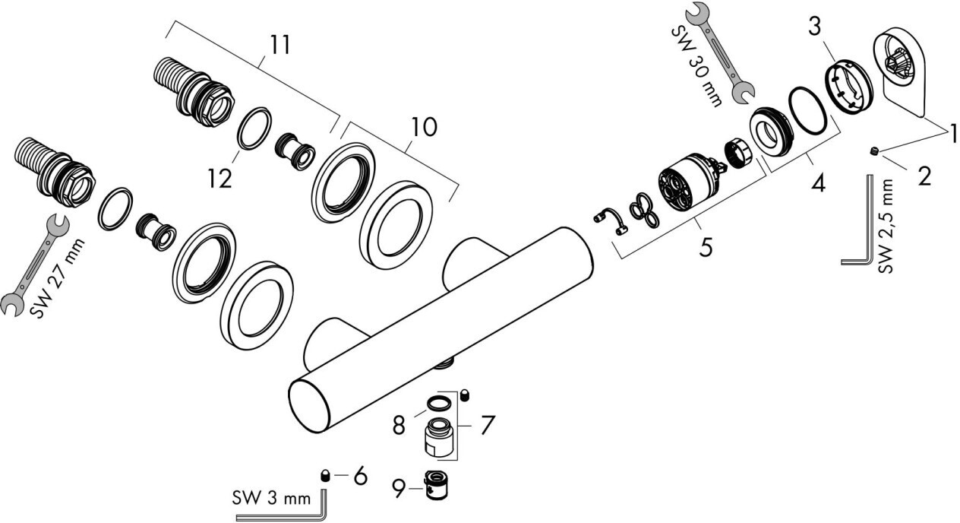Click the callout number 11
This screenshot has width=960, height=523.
279,44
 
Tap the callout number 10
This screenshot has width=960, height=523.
424,127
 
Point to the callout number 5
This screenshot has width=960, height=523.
706,248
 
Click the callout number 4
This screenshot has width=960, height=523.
818,183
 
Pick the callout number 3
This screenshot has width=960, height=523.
815,26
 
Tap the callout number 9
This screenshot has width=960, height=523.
399,489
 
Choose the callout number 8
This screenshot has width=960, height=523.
399,425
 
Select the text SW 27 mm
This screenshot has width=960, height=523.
58,280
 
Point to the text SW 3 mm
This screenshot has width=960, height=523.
271,499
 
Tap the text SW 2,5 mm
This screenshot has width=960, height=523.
886,226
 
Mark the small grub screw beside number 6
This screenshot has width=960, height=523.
325,476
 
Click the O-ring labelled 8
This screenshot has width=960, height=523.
439,404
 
